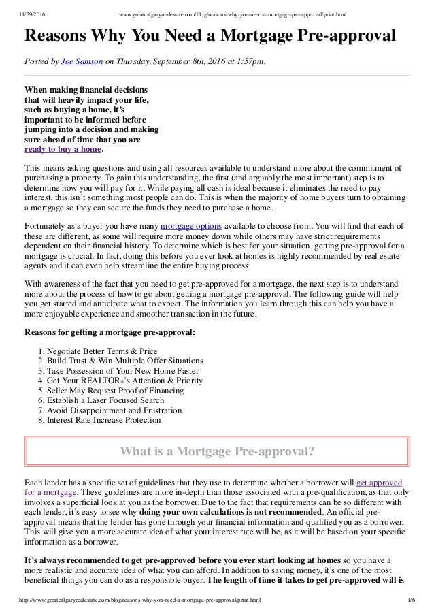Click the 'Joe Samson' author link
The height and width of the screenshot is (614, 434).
82,63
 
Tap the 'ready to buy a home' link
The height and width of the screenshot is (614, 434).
63,150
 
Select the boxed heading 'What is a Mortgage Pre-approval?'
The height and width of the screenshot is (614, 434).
216,450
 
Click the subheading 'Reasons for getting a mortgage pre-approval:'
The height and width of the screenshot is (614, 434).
110,332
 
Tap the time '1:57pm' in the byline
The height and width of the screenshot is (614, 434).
246,63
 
